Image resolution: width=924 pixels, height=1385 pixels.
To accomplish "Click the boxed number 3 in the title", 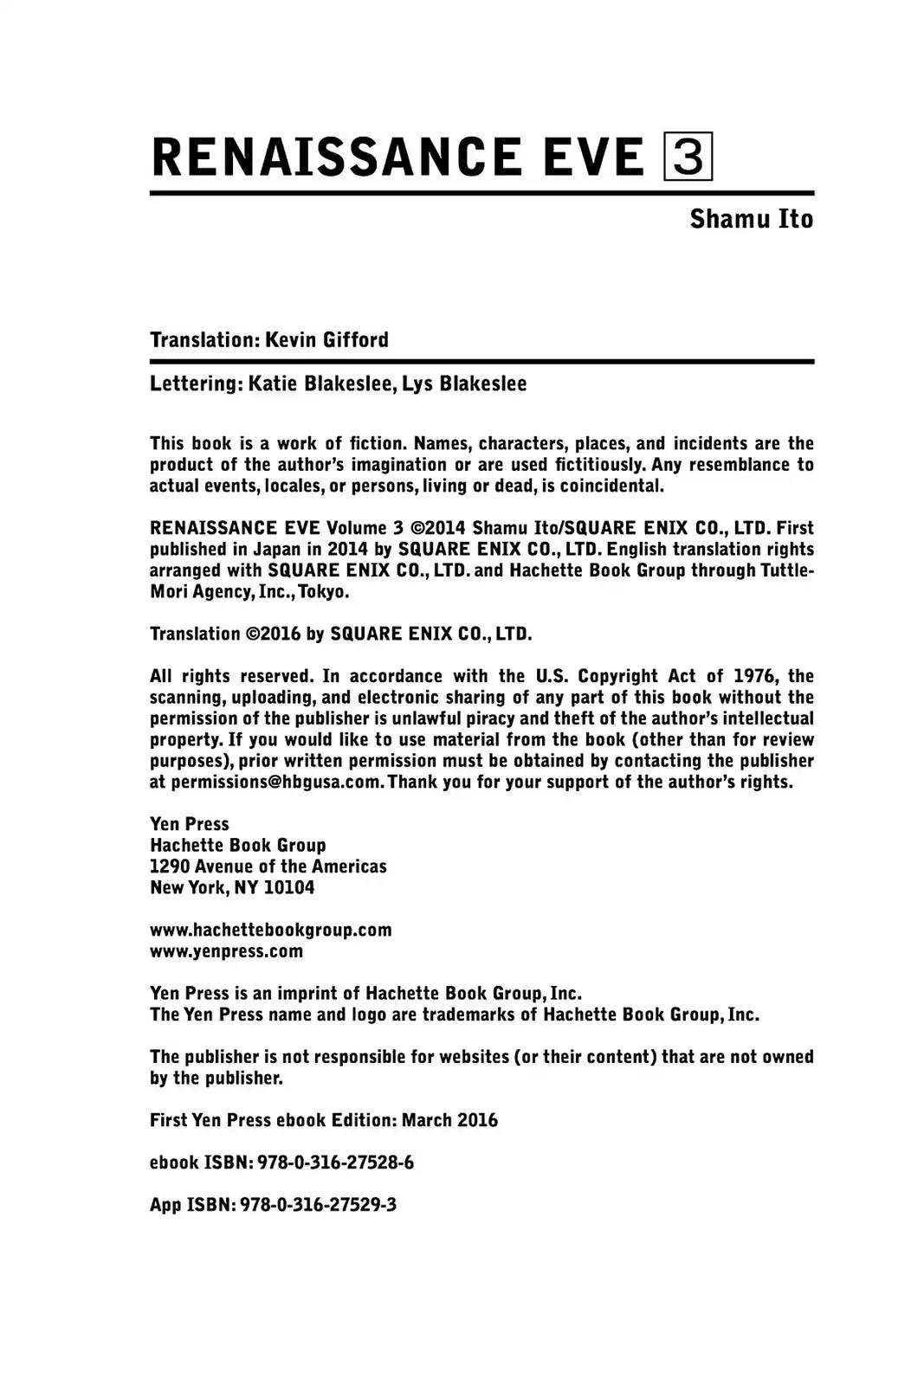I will pyautogui.click(x=688, y=157).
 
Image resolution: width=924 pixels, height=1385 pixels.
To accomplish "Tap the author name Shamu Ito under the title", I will pyautogui.click(x=751, y=219).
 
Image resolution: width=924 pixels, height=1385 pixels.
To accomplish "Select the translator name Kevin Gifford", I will pyautogui.click(x=326, y=339).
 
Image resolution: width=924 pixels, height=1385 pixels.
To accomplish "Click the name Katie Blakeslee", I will pyautogui.click(x=320, y=383).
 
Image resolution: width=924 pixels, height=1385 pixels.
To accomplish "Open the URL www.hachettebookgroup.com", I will pyautogui.click(x=270, y=930).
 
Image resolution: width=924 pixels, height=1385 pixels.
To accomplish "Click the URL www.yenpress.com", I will pyautogui.click(x=226, y=950).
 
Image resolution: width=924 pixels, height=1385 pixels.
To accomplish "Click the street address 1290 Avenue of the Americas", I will pyautogui.click(x=268, y=866).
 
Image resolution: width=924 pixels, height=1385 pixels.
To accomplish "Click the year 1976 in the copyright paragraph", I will pyautogui.click(x=754, y=676).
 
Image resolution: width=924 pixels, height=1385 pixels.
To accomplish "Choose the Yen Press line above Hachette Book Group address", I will pyautogui.click(x=189, y=823).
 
